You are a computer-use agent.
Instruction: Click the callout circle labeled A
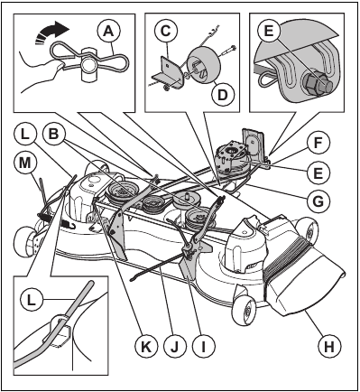click(108, 32)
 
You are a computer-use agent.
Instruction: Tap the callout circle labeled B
click(53, 135)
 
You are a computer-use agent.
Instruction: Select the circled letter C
click(166, 31)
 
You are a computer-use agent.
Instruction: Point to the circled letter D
click(222, 95)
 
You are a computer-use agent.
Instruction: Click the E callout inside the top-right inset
click(269, 32)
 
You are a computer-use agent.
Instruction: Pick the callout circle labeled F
click(318, 144)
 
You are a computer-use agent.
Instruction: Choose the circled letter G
click(318, 200)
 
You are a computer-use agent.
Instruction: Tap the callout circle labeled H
click(329, 347)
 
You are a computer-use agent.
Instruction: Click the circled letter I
click(203, 348)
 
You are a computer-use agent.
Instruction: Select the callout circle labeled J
click(175, 348)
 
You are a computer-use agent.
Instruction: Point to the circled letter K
click(146, 348)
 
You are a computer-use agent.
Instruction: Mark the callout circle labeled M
click(25, 163)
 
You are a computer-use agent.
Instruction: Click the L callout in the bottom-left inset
click(32, 301)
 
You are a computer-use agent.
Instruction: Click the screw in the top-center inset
click(227, 50)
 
